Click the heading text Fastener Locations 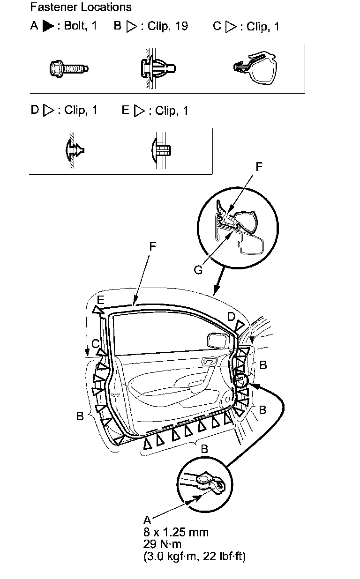(x=80, y=7)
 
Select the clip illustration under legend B (x=157, y=68)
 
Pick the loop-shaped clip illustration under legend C (x=255, y=68)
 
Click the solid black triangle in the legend (x=48, y=26)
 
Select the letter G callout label (x=198, y=270)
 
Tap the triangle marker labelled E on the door (x=97, y=310)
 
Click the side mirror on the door (x=217, y=341)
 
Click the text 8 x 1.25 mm (x=176, y=532)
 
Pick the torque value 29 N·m (x=162, y=544)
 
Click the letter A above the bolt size (x=147, y=520)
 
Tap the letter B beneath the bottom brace (x=204, y=449)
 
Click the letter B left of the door (x=81, y=416)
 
